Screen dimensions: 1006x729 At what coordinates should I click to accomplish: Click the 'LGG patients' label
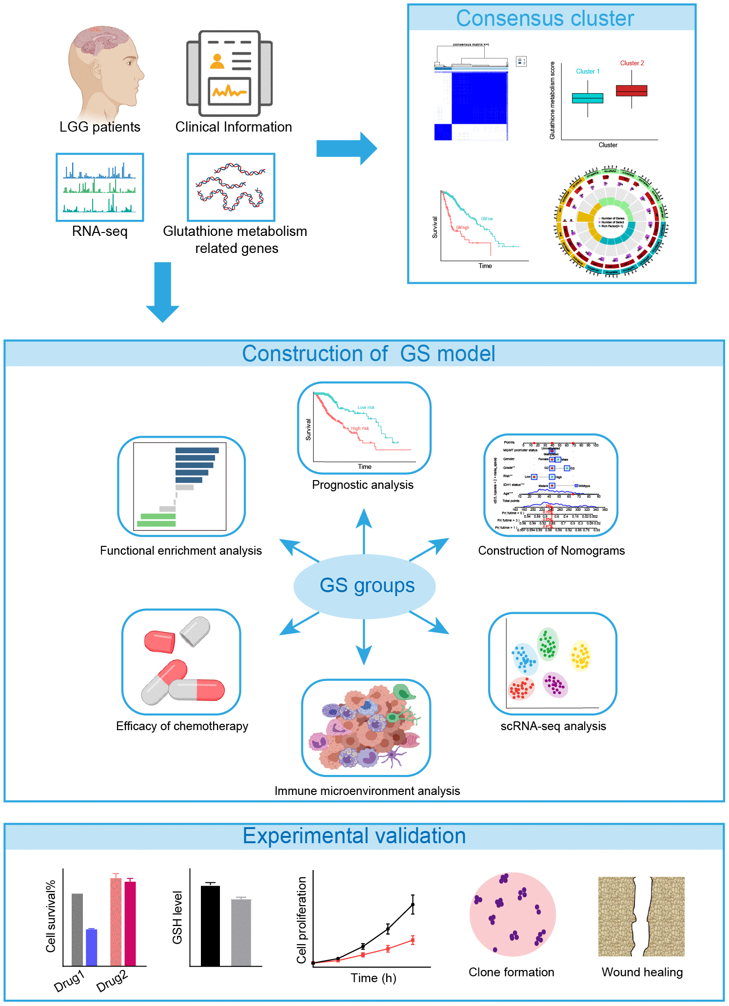(x=99, y=127)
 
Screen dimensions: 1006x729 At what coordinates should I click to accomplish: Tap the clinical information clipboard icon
(x=229, y=73)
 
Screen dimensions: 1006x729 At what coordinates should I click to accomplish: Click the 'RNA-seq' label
(x=99, y=231)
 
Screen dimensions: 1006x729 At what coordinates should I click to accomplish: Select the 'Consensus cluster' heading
(x=545, y=19)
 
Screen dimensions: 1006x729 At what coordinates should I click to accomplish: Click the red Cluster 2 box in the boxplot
(x=631, y=91)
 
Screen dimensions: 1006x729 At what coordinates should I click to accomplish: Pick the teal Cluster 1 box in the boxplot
(x=588, y=98)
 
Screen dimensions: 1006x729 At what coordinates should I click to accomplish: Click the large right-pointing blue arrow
(x=346, y=148)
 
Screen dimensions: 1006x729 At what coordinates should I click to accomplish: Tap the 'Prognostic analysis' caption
(x=363, y=485)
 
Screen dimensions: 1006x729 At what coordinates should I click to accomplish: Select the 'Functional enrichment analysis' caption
(x=181, y=551)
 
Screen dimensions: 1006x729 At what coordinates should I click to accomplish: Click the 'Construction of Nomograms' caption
(x=551, y=551)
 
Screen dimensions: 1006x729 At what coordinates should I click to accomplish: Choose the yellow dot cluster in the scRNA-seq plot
(x=580, y=656)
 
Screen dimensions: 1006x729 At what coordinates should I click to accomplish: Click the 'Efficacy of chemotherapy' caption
(x=182, y=726)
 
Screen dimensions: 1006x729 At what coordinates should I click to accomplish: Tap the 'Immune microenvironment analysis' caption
(x=367, y=791)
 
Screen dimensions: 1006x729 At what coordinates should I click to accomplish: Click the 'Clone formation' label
(x=512, y=972)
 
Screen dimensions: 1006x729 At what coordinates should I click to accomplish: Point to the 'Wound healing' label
(x=642, y=972)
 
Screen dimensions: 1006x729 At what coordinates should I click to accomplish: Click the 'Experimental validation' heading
(x=354, y=836)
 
